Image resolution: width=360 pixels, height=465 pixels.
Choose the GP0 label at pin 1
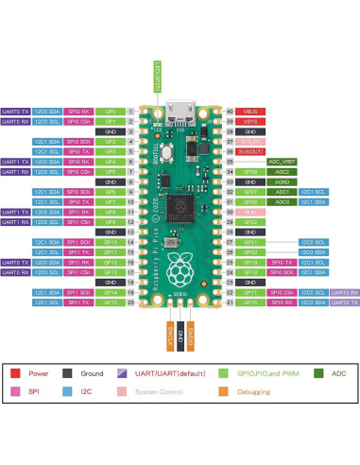pos(110,112)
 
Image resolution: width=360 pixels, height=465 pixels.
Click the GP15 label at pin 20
pos(110,302)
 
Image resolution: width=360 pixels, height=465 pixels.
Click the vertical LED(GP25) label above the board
pos(157,75)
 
